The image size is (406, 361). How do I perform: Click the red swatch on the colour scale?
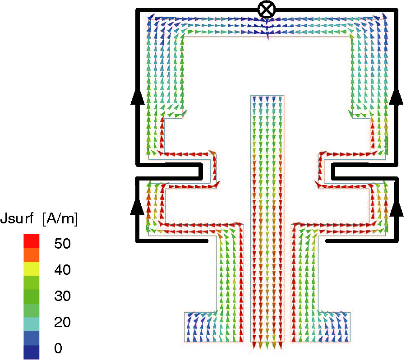pyautogui.click(x=32, y=241)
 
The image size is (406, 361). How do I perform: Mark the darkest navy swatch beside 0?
pyautogui.click(x=32, y=352)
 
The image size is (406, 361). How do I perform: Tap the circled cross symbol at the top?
pyautogui.click(x=267, y=9)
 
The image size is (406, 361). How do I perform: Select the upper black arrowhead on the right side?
pyautogui.click(x=397, y=97)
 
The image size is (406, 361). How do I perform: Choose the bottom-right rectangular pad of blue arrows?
pyautogui.click(x=334, y=326)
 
